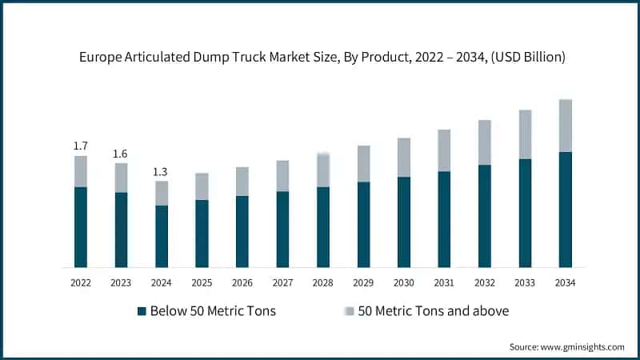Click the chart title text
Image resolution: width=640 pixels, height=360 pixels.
point(320,57)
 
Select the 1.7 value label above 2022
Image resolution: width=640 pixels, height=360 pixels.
point(81,146)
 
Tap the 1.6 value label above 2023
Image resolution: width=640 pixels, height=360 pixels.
point(121,154)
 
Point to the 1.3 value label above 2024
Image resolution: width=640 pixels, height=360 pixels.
point(161,171)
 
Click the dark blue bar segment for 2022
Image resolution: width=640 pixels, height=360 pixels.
point(81,227)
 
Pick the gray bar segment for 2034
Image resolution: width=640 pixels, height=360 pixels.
point(565,126)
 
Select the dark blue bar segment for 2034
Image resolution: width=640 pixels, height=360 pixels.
point(565,210)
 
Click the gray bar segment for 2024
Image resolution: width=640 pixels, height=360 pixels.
point(162,193)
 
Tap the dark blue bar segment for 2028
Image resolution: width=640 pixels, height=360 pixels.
point(323,227)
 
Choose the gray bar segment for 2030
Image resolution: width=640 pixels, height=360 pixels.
point(404,158)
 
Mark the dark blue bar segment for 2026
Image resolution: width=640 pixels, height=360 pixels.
point(242,231)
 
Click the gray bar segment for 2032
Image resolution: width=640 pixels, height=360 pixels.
point(484,142)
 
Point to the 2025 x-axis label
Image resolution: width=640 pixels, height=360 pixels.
point(202,283)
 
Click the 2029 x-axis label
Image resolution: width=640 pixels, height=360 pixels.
point(363,283)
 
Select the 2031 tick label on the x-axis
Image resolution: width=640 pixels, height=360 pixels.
point(444,283)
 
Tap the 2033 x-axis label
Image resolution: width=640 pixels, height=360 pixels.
point(525,283)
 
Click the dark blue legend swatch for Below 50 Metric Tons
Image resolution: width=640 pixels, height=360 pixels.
point(142,311)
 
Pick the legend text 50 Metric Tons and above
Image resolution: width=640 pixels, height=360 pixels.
point(433,311)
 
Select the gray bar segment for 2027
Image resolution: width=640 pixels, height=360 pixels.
point(282,176)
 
